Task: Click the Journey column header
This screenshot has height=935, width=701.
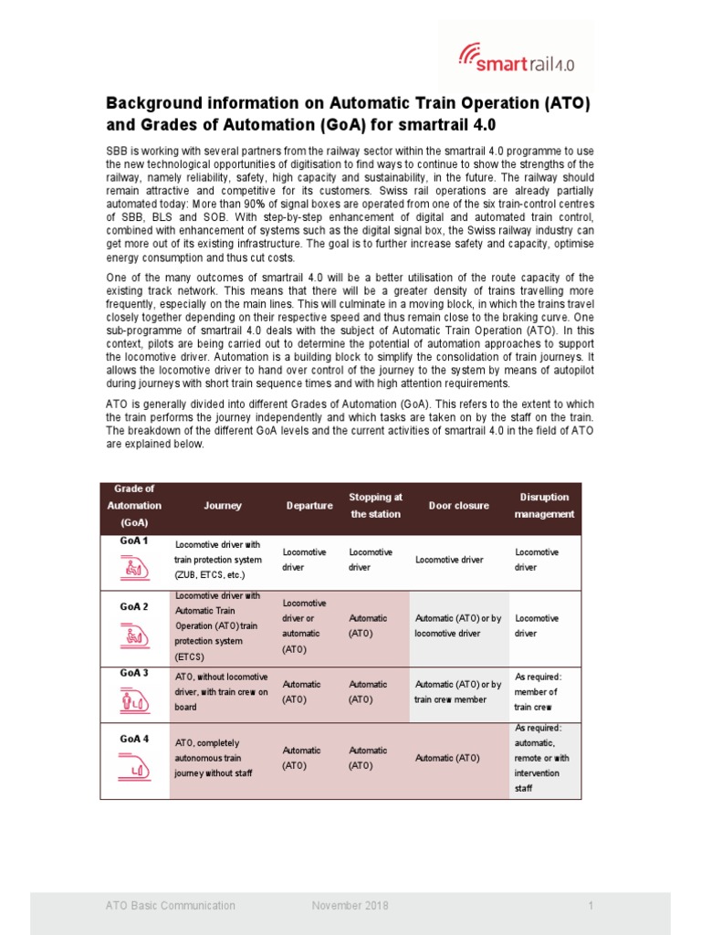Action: [223, 505]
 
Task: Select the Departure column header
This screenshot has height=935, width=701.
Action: [309, 505]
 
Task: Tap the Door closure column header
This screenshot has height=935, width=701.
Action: [458, 505]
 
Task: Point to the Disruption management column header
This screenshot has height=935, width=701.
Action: [544, 505]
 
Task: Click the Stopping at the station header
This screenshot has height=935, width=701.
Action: [375, 505]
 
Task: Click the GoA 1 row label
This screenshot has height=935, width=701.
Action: [133, 541]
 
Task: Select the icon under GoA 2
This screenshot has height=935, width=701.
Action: [133, 635]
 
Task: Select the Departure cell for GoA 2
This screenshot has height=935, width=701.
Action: [308, 626]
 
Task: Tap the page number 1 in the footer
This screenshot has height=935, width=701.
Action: [591, 906]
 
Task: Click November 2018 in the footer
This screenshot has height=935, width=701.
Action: [350, 906]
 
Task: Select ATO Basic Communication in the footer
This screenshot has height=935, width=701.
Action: [170, 906]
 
